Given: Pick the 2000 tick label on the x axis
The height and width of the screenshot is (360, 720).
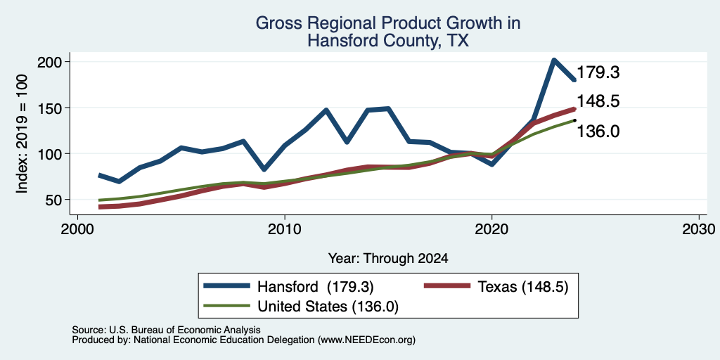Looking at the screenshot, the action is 77,229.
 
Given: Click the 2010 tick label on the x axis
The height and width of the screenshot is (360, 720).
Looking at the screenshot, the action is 285,229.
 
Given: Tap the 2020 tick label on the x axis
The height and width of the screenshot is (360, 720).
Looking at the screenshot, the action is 491,229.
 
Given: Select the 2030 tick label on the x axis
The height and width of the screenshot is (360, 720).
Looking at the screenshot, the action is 699,229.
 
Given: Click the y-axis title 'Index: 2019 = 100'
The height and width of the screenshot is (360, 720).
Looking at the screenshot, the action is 22,134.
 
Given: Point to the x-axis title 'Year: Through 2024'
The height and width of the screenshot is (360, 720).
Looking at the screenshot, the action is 388,259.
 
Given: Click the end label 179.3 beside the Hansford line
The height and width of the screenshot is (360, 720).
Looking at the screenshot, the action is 598,72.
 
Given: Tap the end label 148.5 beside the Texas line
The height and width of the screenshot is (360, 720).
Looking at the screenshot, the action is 598,101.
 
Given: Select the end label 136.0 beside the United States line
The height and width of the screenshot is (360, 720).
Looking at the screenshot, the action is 598,131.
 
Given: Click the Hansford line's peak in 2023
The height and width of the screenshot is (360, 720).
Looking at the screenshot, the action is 554,60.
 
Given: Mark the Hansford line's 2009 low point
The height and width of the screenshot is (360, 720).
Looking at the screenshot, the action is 264,169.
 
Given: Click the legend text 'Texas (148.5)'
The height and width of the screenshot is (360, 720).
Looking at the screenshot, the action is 523,287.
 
